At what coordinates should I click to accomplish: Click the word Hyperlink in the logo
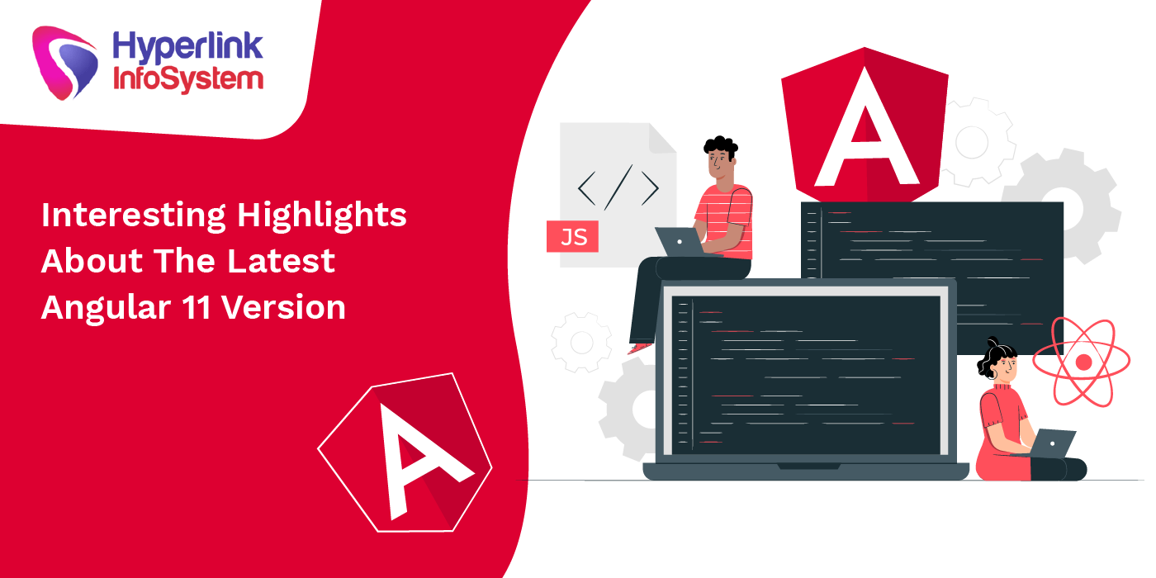(x=187, y=46)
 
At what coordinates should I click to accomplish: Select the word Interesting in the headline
(x=133, y=216)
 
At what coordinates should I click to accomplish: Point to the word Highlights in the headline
(x=322, y=216)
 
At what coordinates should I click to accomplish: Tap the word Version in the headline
(x=284, y=307)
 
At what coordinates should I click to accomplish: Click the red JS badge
(x=573, y=238)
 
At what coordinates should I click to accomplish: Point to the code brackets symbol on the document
(x=618, y=187)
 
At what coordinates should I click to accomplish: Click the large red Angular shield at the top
(x=865, y=124)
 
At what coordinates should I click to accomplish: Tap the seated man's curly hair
(x=720, y=147)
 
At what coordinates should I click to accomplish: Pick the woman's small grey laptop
(x=1053, y=443)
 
